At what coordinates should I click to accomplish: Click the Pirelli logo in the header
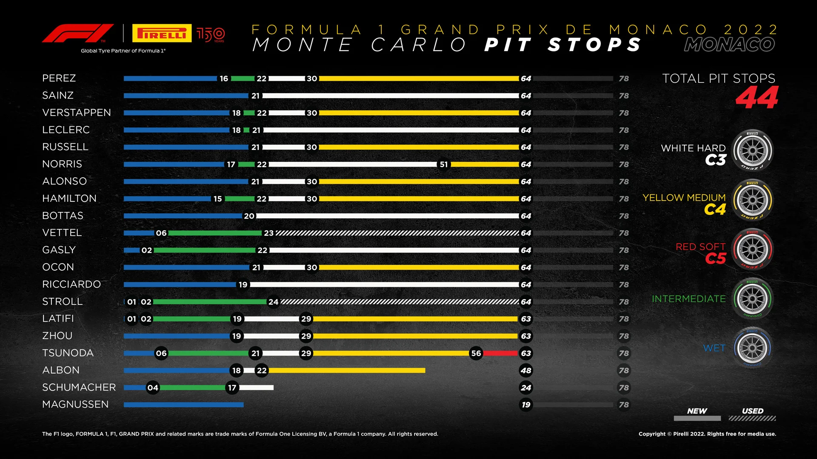click(162, 33)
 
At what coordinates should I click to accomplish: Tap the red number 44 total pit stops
click(757, 98)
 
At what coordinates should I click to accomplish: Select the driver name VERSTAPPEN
click(77, 113)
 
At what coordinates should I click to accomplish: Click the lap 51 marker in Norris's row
click(444, 164)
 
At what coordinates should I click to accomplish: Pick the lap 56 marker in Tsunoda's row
click(476, 353)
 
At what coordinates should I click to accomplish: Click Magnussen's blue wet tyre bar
click(183, 405)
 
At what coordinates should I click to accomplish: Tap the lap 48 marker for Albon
click(526, 371)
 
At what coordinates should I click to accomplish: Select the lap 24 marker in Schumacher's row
click(526, 388)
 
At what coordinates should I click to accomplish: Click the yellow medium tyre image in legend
click(752, 200)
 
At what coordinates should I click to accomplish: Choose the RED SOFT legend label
click(700, 247)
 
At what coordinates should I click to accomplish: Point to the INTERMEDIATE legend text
click(688, 299)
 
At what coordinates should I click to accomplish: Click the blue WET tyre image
click(752, 348)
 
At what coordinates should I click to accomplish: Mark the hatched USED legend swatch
click(752, 419)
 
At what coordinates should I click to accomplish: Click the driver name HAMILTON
click(69, 198)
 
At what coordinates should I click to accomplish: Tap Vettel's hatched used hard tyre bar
click(397, 233)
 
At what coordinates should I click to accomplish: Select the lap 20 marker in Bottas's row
click(249, 216)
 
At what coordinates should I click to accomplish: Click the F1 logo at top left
click(77, 33)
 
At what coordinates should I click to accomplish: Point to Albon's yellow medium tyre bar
click(347, 371)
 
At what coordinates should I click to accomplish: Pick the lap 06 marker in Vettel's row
click(161, 233)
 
